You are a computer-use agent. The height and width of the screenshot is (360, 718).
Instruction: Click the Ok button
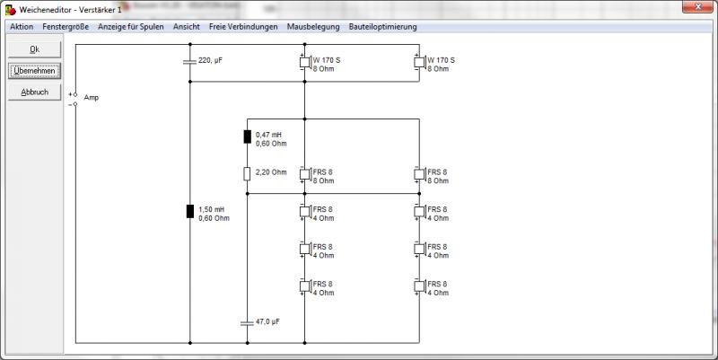[34, 49]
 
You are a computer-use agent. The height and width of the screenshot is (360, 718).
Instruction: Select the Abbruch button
[34, 92]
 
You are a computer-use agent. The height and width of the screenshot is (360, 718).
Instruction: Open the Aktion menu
[22, 27]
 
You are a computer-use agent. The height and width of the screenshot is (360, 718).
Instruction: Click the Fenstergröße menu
[66, 27]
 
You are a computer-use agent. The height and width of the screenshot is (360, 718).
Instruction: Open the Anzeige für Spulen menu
[130, 27]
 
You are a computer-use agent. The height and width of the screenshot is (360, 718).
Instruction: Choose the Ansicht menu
[187, 27]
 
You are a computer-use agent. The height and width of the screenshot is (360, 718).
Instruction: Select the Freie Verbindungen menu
[243, 27]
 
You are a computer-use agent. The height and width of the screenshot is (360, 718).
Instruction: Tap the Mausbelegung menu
[313, 27]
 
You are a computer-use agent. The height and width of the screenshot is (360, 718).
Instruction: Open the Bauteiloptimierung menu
[383, 27]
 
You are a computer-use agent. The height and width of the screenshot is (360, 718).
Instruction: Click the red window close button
[697, 6]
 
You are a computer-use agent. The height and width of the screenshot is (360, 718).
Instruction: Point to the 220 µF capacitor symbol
[189, 61]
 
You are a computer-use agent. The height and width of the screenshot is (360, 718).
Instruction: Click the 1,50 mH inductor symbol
[190, 211]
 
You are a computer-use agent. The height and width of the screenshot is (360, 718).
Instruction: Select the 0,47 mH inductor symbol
[248, 136]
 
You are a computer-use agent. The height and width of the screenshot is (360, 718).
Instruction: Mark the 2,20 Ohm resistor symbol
[247, 173]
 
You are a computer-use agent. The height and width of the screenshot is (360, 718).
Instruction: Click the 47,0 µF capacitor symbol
[247, 323]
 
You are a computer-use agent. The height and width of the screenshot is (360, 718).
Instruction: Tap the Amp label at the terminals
[92, 98]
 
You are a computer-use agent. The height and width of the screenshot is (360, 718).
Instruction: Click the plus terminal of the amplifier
[75, 94]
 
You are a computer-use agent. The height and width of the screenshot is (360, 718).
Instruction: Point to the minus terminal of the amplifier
[75, 104]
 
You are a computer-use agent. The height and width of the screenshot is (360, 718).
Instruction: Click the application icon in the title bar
[10, 9]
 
